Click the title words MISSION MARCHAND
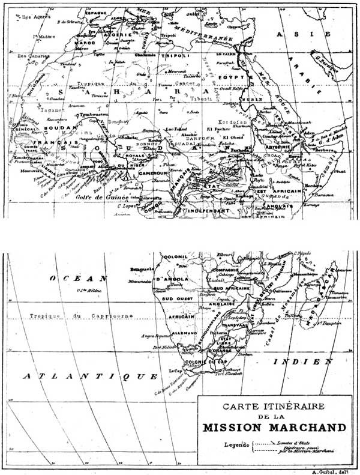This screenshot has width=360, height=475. [274, 428]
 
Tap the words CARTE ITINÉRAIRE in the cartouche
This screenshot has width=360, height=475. [274, 406]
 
